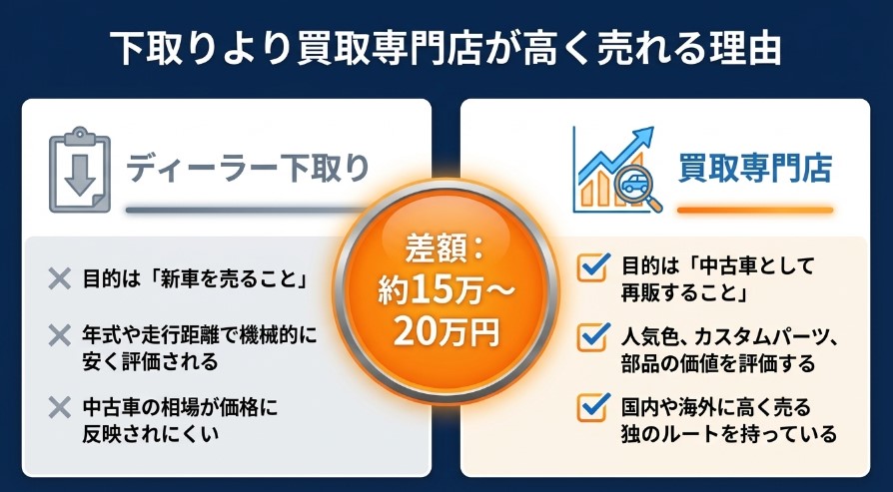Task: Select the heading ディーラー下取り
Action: pos(247,167)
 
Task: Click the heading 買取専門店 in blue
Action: pos(754,167)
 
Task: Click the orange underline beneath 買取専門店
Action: pos(754,211)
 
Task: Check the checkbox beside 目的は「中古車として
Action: pos(594,266)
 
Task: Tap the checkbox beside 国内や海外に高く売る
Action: pos(594,407)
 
